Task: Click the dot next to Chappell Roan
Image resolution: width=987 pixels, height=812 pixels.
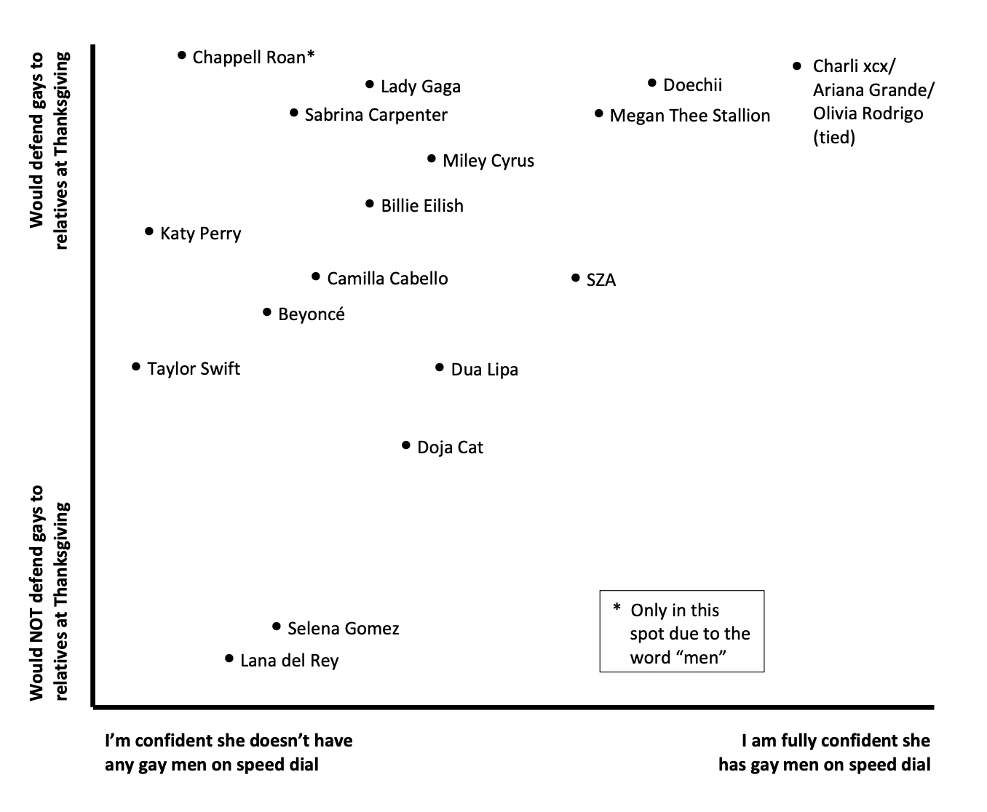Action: (182, 55)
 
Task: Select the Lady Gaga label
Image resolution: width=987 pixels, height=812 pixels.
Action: (420, 87)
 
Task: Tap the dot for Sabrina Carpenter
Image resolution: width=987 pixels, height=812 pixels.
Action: (294, 113)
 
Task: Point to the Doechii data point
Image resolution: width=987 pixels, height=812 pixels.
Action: (652, 84)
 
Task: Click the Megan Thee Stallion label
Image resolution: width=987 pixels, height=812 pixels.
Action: (689, 116)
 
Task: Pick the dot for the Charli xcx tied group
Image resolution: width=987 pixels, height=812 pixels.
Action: (797, 66)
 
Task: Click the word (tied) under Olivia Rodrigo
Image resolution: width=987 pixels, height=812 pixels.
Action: (833, 137)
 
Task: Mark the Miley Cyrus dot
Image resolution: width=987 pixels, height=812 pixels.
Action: (432, 159)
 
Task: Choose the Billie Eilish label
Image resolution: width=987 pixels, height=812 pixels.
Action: (422, 206)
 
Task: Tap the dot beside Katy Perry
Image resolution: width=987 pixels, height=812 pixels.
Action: (149, 232)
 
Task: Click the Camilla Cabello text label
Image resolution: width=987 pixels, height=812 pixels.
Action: (387, 279)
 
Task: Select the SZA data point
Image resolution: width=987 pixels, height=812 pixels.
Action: (576, 278)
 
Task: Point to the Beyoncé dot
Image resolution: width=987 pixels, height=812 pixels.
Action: (267, 313)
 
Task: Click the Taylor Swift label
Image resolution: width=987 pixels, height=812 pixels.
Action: (193, 369)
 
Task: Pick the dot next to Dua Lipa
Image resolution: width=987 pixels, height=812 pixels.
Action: (440, 368)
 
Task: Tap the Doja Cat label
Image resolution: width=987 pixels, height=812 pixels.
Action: (450, 447)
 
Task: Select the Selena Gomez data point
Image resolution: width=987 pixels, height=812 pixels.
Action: (277, 626)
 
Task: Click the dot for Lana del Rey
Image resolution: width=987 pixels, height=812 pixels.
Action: (229, 659)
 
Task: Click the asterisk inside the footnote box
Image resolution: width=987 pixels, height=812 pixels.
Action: (617, 608)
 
